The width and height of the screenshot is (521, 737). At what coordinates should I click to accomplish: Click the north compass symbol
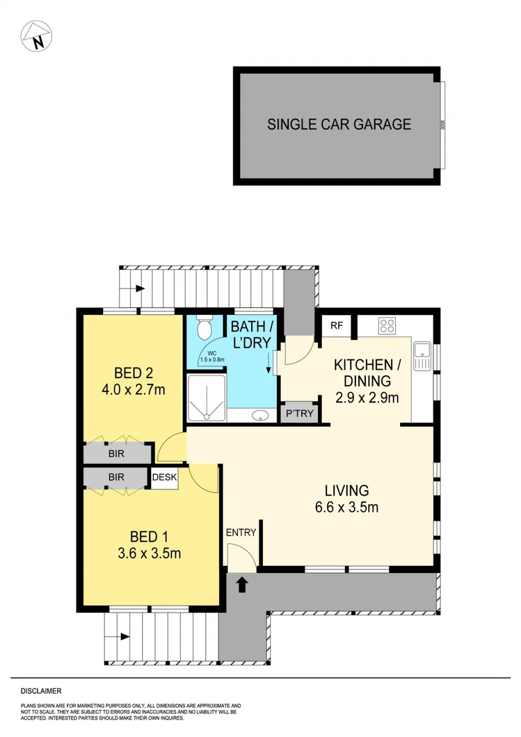pos(38,35)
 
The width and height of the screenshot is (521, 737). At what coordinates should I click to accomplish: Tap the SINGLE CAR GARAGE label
pos(339,125)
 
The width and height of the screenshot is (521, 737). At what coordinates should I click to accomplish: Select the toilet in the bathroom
pos(205,329)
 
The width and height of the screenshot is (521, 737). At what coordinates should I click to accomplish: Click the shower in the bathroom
pos(207,398)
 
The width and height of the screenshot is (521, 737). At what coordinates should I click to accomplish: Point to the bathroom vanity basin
pos(259,416)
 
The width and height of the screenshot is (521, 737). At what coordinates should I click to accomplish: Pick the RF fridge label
pos(336,325)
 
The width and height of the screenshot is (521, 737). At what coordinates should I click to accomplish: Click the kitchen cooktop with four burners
pos(387,325)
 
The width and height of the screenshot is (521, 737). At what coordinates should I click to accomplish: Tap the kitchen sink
pos(421,356)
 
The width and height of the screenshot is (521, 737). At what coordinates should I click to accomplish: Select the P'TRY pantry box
pos(300,414)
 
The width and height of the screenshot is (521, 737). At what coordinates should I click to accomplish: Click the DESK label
pos(165,477)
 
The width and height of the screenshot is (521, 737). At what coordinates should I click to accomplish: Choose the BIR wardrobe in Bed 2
pos(116,453)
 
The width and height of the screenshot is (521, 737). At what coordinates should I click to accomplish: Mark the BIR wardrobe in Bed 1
pos(116,478)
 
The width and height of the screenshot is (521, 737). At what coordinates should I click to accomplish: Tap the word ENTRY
pos(241,533)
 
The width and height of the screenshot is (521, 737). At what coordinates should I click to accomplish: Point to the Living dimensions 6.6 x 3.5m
pos(346,507)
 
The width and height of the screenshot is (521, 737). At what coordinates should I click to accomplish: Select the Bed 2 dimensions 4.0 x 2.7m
pos(133,389)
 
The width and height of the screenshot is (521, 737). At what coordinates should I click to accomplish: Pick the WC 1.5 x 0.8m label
pos(212,357)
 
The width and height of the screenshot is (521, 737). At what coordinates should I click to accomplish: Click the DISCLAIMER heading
pos(41,691)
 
